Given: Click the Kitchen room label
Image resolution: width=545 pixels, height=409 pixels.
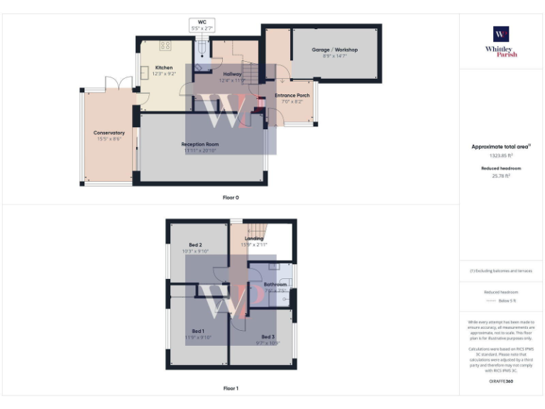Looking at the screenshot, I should [x=164, y=67].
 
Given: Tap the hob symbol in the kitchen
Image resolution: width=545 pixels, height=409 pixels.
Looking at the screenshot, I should [x=166, y=45].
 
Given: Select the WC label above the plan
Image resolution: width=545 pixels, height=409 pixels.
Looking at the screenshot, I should [x=202, y=21].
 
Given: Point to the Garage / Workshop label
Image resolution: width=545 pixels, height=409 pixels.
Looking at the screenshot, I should [x=335, y=50].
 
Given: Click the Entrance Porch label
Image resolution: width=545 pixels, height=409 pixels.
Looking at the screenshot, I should [x=292, y=95].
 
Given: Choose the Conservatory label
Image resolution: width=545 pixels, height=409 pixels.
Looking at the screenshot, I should [x=109, y=133].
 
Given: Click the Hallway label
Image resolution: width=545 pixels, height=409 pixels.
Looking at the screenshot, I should [x=232, y=74].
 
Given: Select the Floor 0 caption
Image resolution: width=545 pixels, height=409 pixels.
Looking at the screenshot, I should [x=231, y=197].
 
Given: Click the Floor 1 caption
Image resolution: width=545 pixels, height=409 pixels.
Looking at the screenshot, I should [x=231, y=388].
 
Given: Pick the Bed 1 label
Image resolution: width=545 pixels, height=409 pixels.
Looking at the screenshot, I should [x=198, y=331].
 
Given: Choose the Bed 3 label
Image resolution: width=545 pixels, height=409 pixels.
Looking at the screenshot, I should [x=268, y=336].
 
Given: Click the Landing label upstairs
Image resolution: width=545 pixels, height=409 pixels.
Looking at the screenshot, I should [x=254, y=239].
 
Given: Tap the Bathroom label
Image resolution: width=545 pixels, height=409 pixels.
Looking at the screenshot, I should [x=275, y=284].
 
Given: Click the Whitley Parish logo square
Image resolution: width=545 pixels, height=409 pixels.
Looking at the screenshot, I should [x=501, y=34].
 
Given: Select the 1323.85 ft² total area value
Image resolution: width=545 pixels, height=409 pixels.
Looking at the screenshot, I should [x=501, y=155].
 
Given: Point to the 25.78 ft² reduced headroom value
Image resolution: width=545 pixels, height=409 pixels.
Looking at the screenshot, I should [x=501, y=175].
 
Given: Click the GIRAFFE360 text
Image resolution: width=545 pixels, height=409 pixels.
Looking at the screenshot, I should [x=501, y=381].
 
